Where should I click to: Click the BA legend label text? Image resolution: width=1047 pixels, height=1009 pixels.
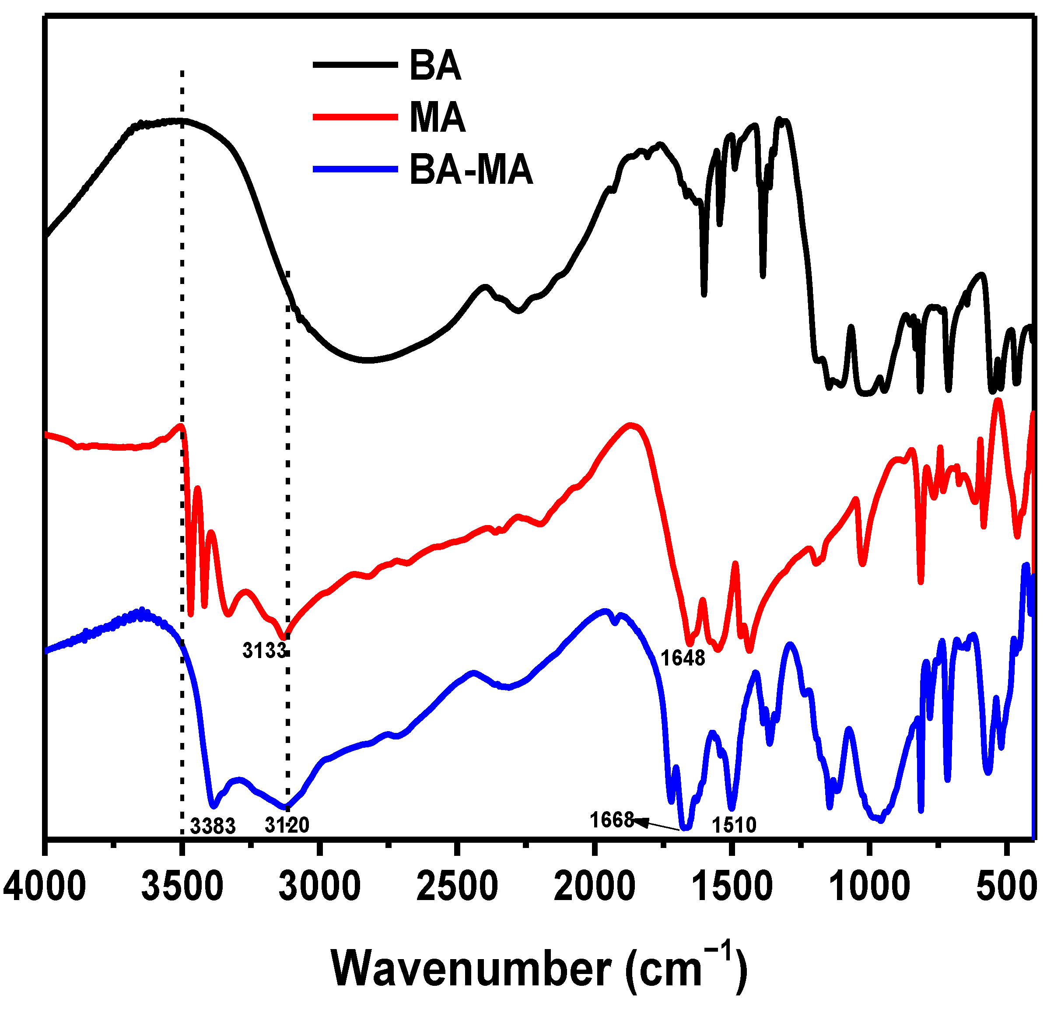coord(435,66)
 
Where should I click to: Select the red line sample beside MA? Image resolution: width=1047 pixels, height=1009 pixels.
coord(355,117)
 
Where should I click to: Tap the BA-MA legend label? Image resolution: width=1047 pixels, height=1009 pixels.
coord(471,170)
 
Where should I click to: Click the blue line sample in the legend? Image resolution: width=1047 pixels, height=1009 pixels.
coord(355,169)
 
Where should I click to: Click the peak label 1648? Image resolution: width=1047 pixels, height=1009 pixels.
coord(683,659)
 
